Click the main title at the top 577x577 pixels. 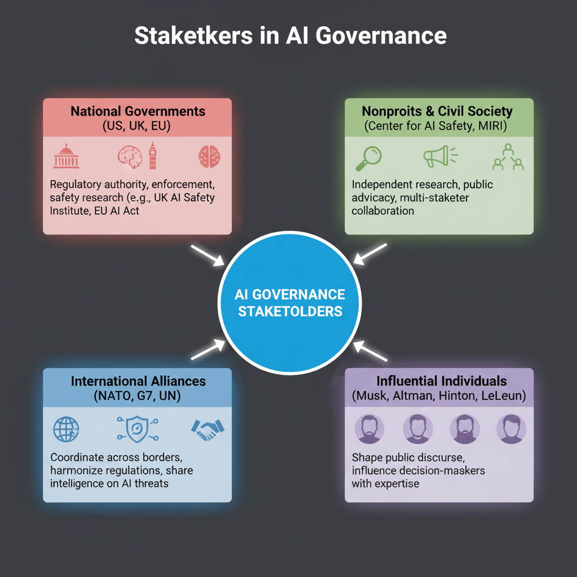click(x=290, y=35)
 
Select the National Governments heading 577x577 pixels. click(x=137, y=110)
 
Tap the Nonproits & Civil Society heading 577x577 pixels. click(x=437, y=110)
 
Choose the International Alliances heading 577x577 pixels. click(x=137, y=381)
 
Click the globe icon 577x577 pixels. click(x=66, y=429)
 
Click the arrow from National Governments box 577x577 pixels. click(x=208, y=254)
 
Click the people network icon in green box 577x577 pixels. click(x=508, y=157)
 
